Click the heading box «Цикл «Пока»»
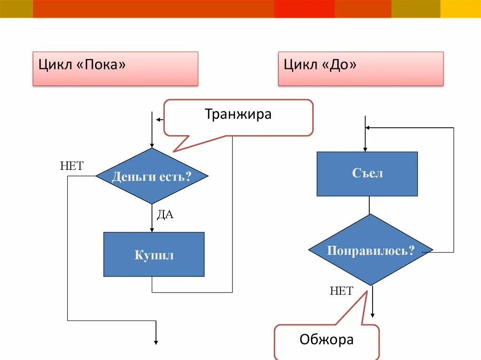[x=115, y=69]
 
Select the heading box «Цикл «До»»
[x=360, y=69]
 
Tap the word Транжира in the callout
[x=238, y=114]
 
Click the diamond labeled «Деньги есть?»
[x=152, y=176]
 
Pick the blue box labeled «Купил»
[x=154, y=254]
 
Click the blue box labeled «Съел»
[x=367, y=174]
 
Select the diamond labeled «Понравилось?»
[x=370, y=250]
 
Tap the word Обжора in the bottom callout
[x=326, y=339]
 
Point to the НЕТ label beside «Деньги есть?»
[x=71, y=166]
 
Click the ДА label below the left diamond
[x=165, y=215]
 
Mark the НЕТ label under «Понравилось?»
[x=341, y=291]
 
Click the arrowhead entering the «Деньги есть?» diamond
[x=152, y=145]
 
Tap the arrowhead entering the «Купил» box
[x=152, y=229]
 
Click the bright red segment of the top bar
[x=304, y=8]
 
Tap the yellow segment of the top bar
[x=460, y=8]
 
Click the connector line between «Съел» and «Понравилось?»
[x=369, y=205]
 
